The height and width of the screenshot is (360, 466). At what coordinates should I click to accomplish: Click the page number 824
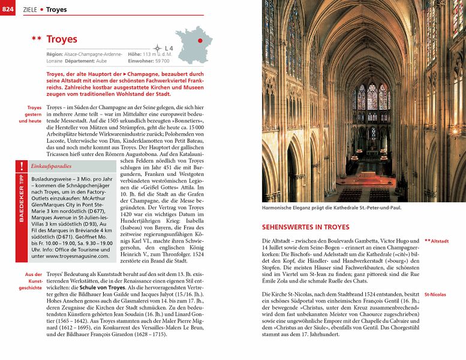[8, 9]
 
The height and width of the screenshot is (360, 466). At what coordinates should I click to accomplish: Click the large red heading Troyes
[62, 39]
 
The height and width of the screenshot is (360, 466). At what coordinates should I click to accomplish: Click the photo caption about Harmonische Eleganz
[332, 208]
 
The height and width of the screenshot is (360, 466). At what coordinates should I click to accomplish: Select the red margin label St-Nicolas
[435, 295]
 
